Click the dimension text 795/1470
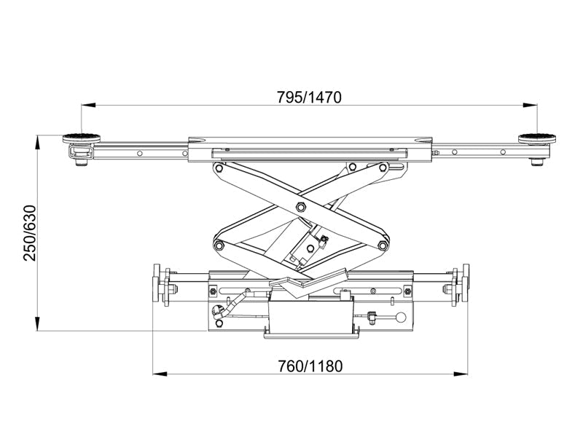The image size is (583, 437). tap(309, 96)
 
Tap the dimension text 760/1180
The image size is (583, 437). tap(309, 366)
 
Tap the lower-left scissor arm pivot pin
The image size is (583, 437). tap(217, 245)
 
